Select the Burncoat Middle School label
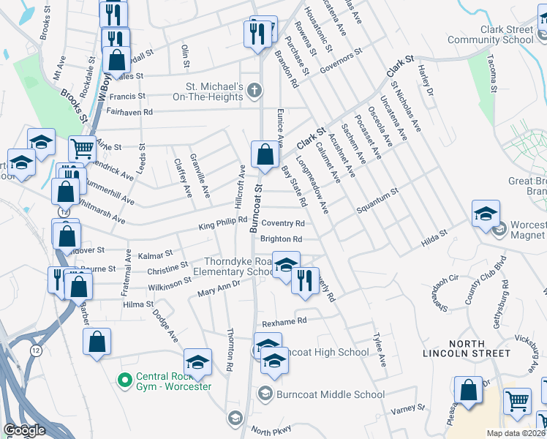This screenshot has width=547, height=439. [x=330, y=394]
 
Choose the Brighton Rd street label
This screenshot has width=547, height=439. [x=282, y=239]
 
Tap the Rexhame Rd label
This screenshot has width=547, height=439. [x=284, y=321]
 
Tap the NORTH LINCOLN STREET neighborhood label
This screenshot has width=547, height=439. [x=467, y=348]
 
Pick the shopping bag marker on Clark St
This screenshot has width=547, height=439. [x=264, y=154]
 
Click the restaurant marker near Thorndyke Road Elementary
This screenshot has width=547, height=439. [x=305, y=280]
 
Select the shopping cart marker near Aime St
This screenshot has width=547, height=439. [x=81, y=149]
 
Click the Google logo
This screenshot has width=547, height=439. [x=24, y=431]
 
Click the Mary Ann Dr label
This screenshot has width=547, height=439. [x=219, y=289]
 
